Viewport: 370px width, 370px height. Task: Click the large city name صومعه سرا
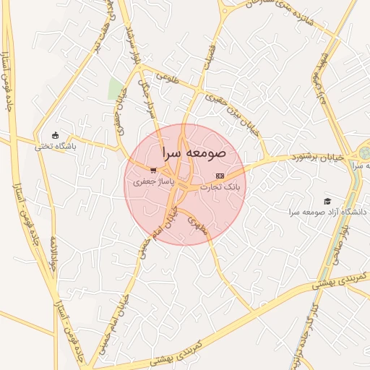coord(194,153)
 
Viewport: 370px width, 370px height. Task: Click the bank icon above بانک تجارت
coord(220,176)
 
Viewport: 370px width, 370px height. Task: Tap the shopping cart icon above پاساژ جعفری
coord(152,170)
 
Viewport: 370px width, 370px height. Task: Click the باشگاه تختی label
coord(56,146)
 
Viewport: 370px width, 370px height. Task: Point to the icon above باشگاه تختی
coord(56,134)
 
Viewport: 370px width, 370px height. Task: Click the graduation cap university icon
coord(327,200)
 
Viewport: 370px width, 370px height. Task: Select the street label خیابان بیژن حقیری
coord(231,109)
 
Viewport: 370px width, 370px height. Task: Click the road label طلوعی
coord(165,77)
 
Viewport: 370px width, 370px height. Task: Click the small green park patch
coord(115,89)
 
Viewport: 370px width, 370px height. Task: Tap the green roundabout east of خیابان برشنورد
coord(363,153)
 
